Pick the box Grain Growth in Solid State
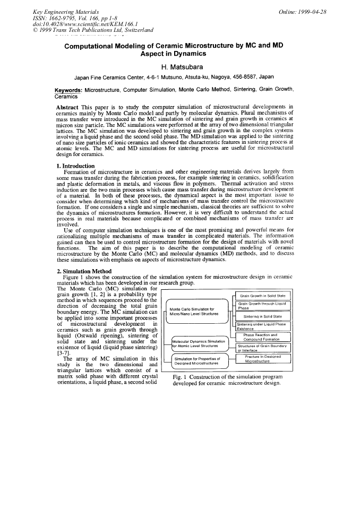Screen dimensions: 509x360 pos(262,296)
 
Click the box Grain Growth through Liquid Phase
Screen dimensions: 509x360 pos(262,306)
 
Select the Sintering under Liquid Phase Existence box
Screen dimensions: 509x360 pos(262,326)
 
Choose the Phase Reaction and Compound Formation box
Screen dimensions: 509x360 pos(262,337)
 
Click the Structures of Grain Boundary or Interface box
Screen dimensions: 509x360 pos(262,348)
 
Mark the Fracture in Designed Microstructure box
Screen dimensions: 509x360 pos(262,359)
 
